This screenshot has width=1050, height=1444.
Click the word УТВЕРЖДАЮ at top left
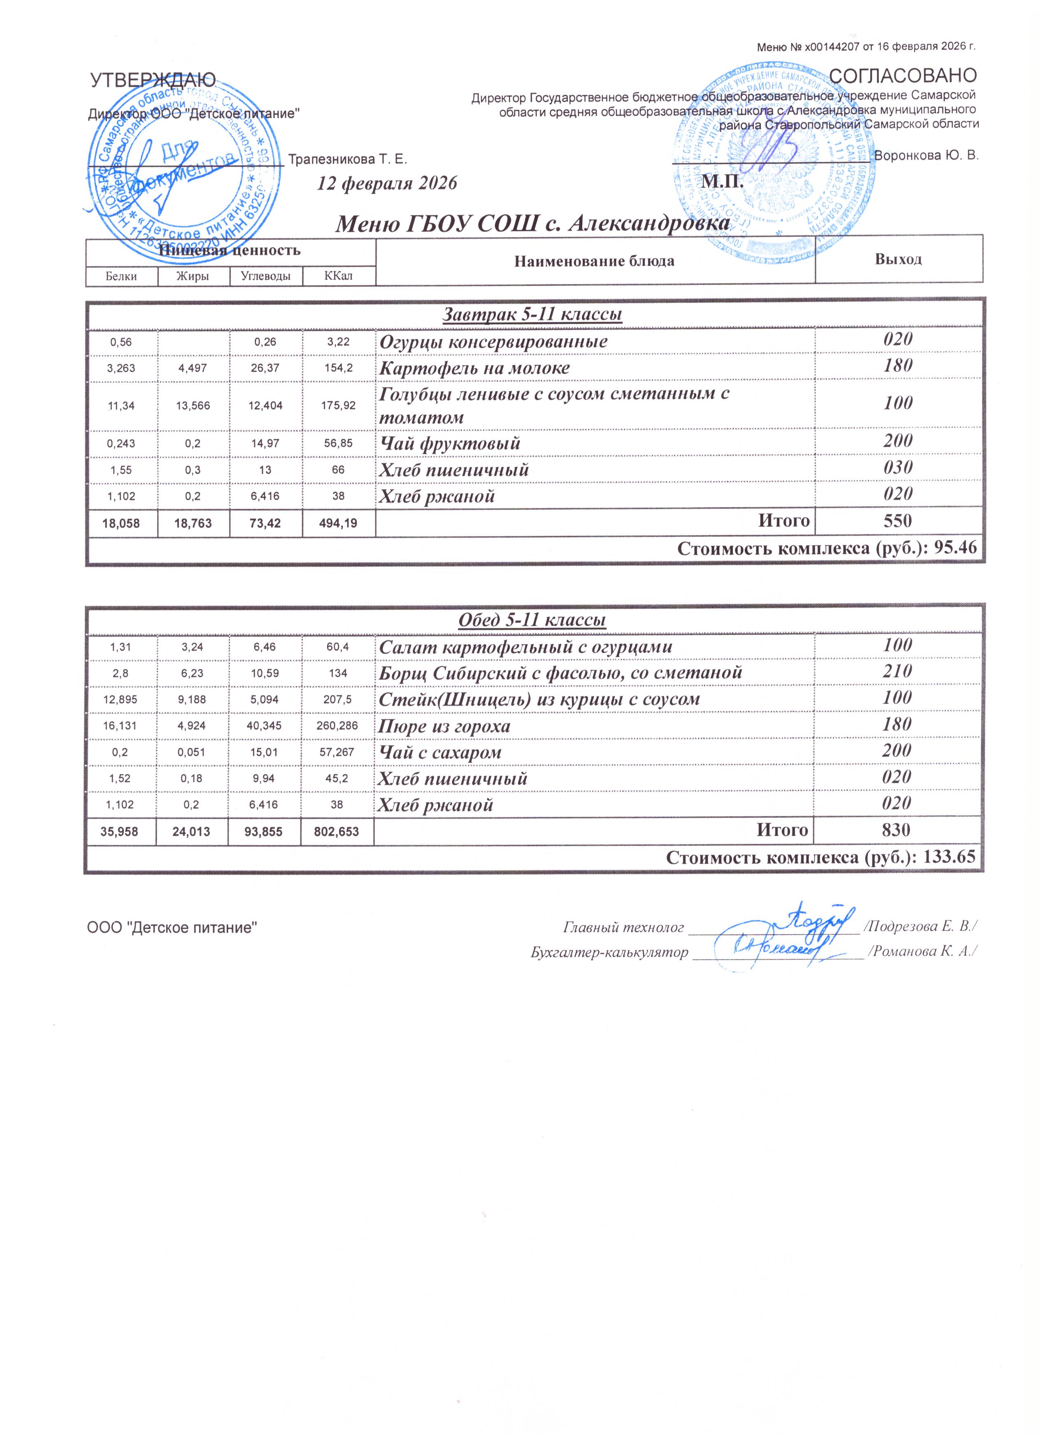tap(153, 79)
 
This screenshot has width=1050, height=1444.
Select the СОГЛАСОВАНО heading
tap(904, 76)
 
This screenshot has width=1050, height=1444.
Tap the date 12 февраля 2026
tap(387, 183)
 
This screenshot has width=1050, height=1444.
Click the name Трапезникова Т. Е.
tap(347, 158)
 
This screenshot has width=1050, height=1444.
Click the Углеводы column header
tap(266, 276)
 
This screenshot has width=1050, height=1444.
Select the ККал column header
tap(338, 276)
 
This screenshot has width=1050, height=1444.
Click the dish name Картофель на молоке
tap(474, 368)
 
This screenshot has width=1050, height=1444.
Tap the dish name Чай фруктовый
tap(450, 443)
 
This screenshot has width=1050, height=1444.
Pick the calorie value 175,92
tap(339, 405)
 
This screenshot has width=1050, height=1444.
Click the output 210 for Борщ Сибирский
tap(897, 671)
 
